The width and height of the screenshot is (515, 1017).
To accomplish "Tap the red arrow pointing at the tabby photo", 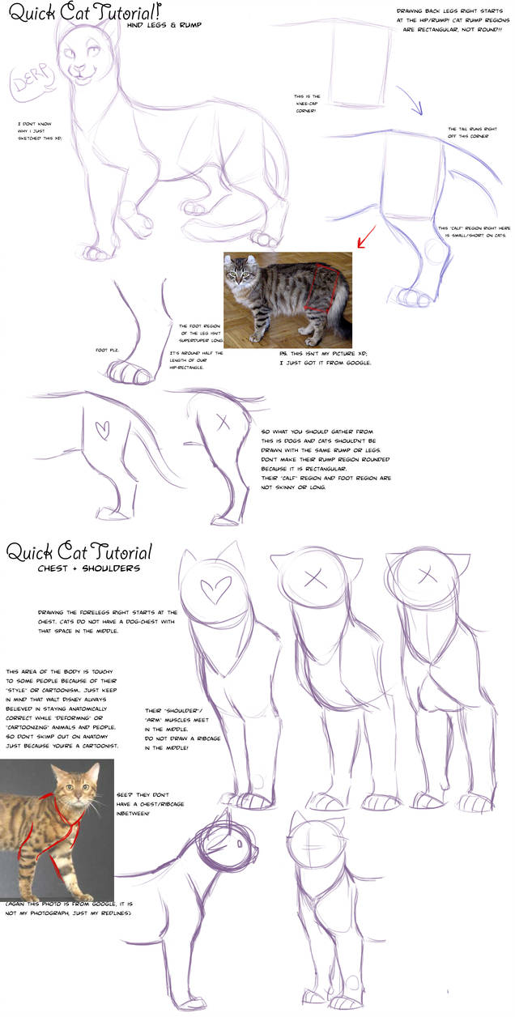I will [x=365, y=238].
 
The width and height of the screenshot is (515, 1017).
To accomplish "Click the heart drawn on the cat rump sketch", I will [x=102, y=429].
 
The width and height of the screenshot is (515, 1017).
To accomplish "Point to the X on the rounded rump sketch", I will [x=223, y=422].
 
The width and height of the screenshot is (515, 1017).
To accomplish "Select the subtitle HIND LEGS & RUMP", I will [x=164, y=25].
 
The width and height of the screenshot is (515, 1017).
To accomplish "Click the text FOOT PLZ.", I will [x=108, y=351].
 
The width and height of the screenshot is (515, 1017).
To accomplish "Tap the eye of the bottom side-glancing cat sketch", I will [x=240, y=843].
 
